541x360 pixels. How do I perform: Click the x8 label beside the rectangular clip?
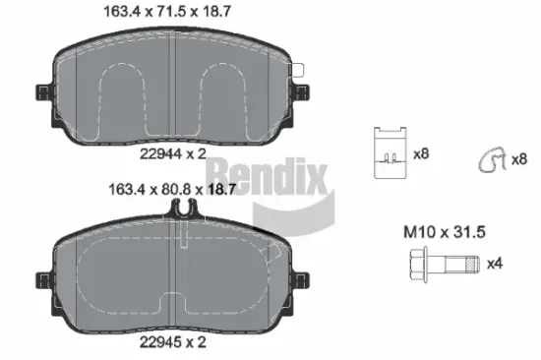(x=422, y=154)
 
